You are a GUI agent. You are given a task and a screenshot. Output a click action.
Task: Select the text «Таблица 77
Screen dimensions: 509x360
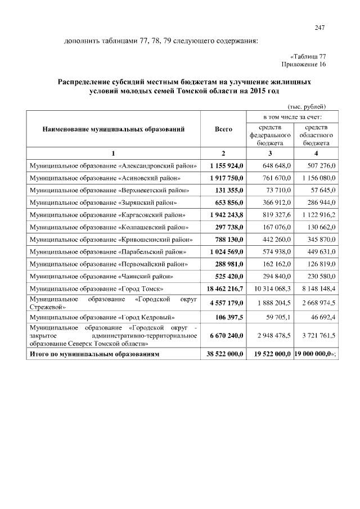click(x=308, y=57)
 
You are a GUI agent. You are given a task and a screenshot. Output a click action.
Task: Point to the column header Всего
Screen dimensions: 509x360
click(x=223, y=129)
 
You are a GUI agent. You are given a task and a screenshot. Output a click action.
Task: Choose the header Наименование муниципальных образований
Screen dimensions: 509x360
click(x=114, y=129)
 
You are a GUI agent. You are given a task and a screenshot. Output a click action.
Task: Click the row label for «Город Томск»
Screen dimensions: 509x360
click(x=96, y=289)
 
